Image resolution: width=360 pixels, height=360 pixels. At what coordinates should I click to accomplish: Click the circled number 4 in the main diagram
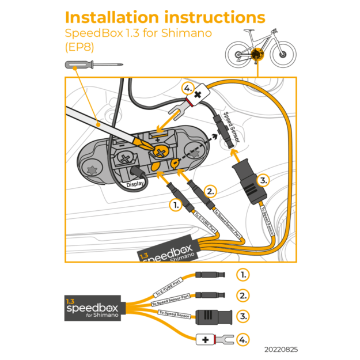187,89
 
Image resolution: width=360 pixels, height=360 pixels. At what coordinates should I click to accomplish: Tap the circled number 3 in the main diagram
263,180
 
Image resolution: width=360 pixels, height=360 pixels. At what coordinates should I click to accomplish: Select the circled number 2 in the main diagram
211,191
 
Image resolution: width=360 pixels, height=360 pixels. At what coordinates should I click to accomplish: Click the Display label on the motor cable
135,185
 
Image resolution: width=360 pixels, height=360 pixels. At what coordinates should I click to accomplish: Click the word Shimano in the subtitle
187,33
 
